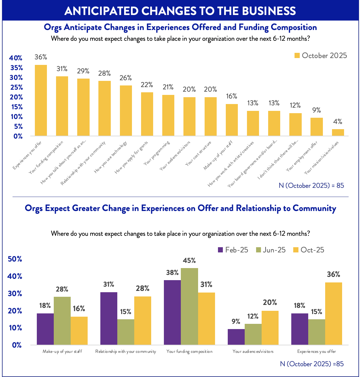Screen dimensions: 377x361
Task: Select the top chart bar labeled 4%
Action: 338,132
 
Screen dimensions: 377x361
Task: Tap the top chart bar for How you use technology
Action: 126,111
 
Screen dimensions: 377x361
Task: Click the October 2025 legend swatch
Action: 297,56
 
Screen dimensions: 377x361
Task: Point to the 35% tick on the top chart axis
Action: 16,68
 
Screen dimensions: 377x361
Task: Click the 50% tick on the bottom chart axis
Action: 14,259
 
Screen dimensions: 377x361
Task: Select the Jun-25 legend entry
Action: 271,250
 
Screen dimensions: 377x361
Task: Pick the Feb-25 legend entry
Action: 233,250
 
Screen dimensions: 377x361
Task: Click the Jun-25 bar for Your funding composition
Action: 189,306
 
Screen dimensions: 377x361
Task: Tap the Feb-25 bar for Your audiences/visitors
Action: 236,337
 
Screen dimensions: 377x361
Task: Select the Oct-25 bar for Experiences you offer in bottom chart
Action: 334,313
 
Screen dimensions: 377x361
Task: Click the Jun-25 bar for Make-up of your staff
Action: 62,321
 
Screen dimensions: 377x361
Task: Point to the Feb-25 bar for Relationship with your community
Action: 109,318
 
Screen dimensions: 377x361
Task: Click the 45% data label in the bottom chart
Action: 189,261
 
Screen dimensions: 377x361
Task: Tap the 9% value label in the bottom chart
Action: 236,322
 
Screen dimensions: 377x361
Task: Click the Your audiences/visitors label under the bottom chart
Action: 253,352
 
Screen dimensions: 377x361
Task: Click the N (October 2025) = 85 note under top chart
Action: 311,186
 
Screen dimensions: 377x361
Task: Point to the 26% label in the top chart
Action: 125,78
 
